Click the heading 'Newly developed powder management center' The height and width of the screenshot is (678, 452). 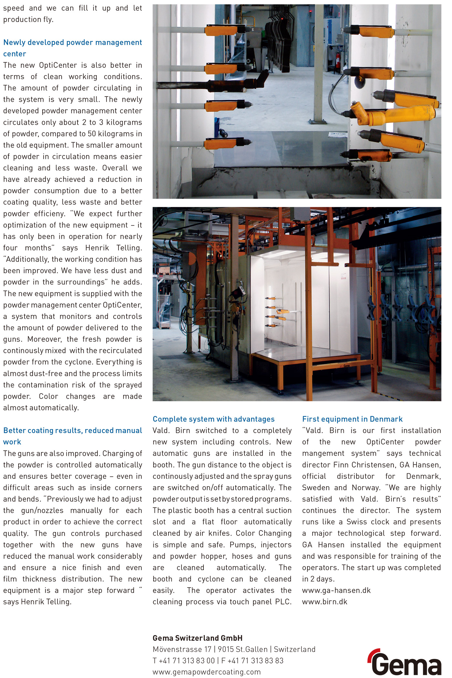72,48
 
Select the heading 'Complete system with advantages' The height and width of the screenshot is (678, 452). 213,419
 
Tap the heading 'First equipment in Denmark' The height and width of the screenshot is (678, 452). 352,419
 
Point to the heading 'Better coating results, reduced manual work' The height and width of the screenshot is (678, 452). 72,436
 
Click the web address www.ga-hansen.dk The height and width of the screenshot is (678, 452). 336,591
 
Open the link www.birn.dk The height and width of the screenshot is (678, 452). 324,602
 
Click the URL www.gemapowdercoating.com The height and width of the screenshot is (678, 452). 206,672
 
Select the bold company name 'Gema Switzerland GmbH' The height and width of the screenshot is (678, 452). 197,638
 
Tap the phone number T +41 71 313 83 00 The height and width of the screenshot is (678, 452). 184,661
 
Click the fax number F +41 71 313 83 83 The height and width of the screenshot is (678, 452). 252,661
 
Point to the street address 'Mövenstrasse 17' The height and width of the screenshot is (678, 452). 182,649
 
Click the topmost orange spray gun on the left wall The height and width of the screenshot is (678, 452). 221,30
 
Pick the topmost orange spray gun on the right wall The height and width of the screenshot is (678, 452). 376,32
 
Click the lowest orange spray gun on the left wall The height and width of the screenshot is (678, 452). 223,143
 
